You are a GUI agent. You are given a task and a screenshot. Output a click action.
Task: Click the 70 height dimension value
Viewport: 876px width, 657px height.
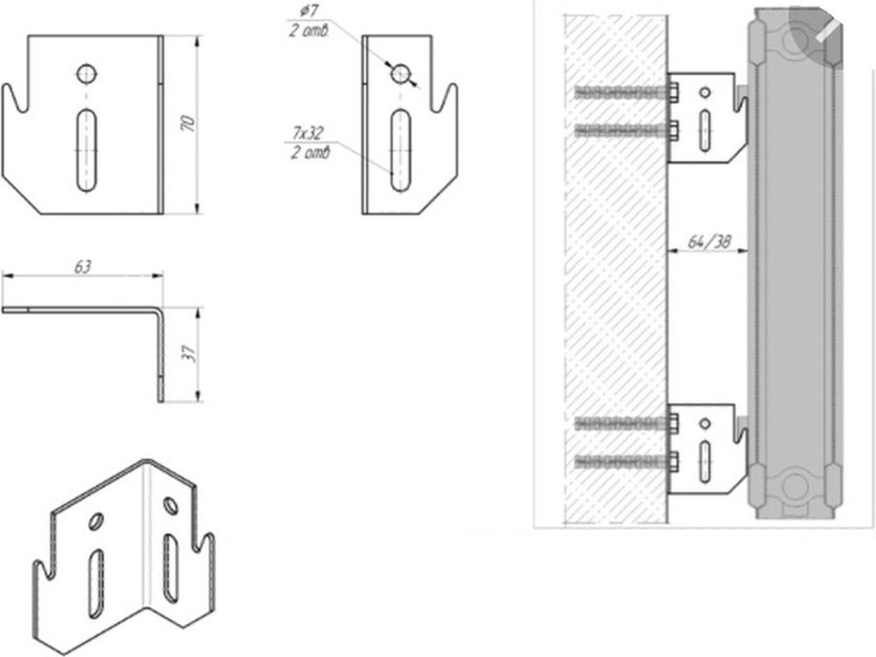click(189, 123)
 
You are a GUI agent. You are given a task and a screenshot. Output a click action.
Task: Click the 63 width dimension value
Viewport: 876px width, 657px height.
click(83, 267)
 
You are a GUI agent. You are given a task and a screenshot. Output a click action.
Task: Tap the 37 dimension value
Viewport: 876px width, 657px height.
click(190, 353)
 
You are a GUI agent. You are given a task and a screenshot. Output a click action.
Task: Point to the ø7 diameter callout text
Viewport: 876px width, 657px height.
click(308, 11)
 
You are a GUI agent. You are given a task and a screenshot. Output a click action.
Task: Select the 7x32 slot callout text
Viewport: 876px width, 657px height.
click(308, 133)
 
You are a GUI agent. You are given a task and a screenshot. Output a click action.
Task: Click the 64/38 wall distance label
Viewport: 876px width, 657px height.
click(709, 242)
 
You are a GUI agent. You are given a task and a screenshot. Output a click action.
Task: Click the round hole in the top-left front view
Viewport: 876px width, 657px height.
click(87, 74)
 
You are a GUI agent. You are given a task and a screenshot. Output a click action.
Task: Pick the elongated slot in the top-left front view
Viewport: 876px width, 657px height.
click(86, 150)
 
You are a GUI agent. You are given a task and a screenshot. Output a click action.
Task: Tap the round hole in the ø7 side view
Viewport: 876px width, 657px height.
click(401, 74)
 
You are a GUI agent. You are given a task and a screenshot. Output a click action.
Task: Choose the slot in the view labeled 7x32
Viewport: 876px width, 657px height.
click(400, 150)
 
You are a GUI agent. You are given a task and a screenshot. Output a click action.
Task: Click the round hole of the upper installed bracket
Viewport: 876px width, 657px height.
click(705, 92)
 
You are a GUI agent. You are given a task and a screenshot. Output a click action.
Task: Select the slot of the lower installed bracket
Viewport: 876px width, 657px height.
click(705, 461)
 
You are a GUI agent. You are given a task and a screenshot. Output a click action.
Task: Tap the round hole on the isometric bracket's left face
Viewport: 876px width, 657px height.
click(96, 522)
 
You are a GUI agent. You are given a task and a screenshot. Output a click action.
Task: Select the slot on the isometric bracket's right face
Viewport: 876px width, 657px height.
click(169, 568)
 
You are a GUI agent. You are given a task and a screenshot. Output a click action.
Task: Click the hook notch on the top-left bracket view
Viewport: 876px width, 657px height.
click(16, 99)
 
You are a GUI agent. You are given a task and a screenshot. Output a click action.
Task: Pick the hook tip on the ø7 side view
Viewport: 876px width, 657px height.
click(453, 86)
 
